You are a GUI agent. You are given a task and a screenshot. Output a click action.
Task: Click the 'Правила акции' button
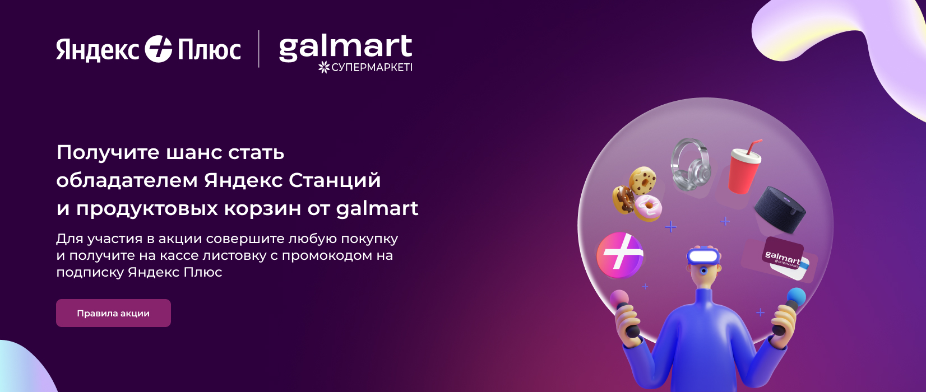pos(113,313)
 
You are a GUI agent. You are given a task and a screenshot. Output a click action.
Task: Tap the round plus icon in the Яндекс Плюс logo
pos(158,49)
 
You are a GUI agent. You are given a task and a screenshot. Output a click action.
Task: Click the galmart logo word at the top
pos(346,48)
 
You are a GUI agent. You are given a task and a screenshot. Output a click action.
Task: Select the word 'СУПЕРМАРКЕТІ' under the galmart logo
pos(372,67)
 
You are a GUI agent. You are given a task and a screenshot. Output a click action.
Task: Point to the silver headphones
pos(689,165)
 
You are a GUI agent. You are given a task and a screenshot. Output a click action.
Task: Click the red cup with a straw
pos(745,167)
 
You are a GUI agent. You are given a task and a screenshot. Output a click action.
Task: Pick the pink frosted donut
pos(648,208)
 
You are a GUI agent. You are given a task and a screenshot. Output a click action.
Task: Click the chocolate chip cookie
pos(642,180)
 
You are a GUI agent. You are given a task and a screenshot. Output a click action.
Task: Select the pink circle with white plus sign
pos(620,255)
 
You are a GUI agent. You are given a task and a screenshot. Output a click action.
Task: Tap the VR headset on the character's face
pos(703,256)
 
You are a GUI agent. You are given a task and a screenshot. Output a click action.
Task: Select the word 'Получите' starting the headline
pos(108,152)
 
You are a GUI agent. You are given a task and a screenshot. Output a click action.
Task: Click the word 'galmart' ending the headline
pos(377,208)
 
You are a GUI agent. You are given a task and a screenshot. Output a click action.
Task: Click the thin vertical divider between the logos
pos(259,49)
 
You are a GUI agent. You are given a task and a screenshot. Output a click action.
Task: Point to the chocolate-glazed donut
pos(623,199)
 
